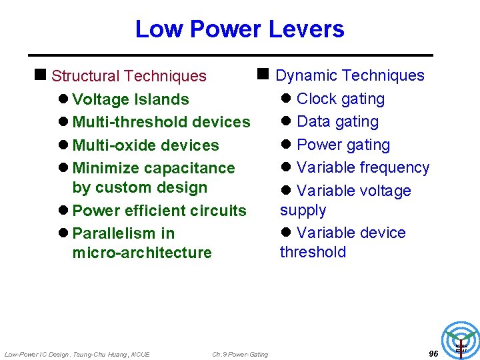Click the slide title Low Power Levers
click(239, 29)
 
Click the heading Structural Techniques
click(129, 77)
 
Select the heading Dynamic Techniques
click(349, 76)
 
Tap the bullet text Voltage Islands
click(130, 99)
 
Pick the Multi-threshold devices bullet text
click(161, 122)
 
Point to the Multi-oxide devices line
click(145, 145)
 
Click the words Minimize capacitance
click(153, 168)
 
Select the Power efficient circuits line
click(159, 211)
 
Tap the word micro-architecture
click(142, 253)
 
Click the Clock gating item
click(340, 99)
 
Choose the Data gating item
click(337, 122)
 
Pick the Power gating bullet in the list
click(343, 145)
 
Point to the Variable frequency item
click(363, 167)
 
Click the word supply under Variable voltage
click(303, 210)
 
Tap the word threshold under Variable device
click(313, 252)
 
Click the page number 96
click(433, 354)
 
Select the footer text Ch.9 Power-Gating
click(240, 355)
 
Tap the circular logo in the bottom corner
click(461, 339)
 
